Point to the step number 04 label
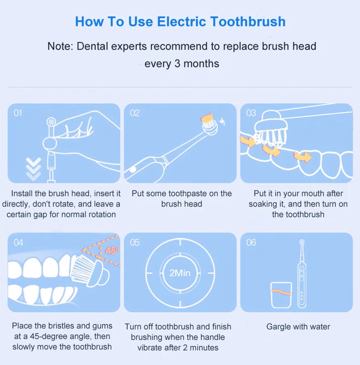18,243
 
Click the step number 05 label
135,243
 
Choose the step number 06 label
251,243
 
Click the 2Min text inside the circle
180,273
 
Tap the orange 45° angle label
111,250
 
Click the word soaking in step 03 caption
265,204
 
